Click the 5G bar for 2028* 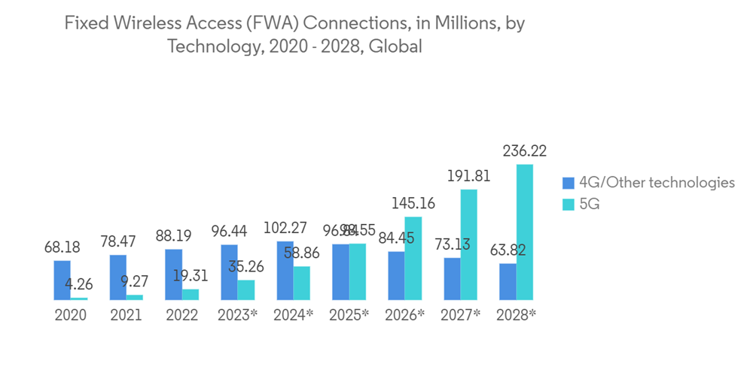tap(525, 232)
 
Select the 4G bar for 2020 tap(62, 280)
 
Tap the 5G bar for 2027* tap(469, 245)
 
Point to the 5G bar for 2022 tap(191, 295)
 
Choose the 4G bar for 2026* tap(396, 276)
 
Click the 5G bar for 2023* tap(246, 290)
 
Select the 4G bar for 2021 tap(118, 277)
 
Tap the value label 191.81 tap(468, 177)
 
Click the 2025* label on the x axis tap(349, 315)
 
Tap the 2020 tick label tap(70, 315)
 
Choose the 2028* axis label tap(516, 315)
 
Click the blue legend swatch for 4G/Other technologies tap(569, 183)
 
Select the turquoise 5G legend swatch tap(569, 205)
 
